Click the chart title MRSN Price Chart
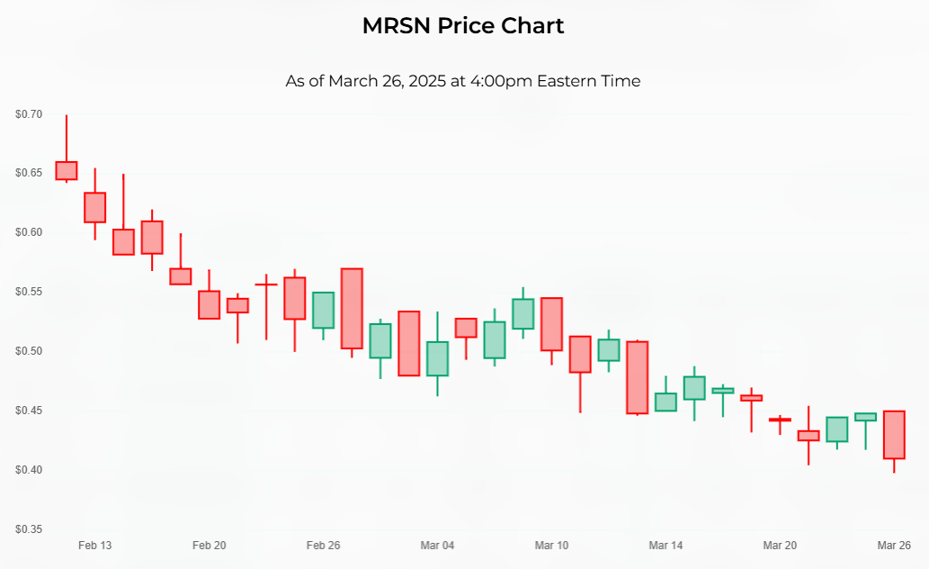(x=463, y=25)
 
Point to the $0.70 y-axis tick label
(x=29, y=114)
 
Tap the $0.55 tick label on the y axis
(x=29, y=292)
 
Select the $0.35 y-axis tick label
(x=29, y=528)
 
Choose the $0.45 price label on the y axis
(x=29, y=411)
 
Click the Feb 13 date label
(x=94, y=546)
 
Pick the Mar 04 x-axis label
(x=437, y=546)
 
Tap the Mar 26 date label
(x=894, y=546)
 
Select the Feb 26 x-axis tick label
(x=323, y=546)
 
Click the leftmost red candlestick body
(x=67, y=171)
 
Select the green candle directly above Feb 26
(x=323, y=310)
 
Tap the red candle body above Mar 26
(x=894, y=435)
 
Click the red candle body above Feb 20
(x=209, y=304)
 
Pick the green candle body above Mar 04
(x=437, y=358)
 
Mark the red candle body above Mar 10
(x=551, y=324)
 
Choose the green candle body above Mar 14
(x=665, y=402)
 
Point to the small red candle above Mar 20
(x=780, y=420)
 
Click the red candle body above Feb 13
(x=94, y=207)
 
